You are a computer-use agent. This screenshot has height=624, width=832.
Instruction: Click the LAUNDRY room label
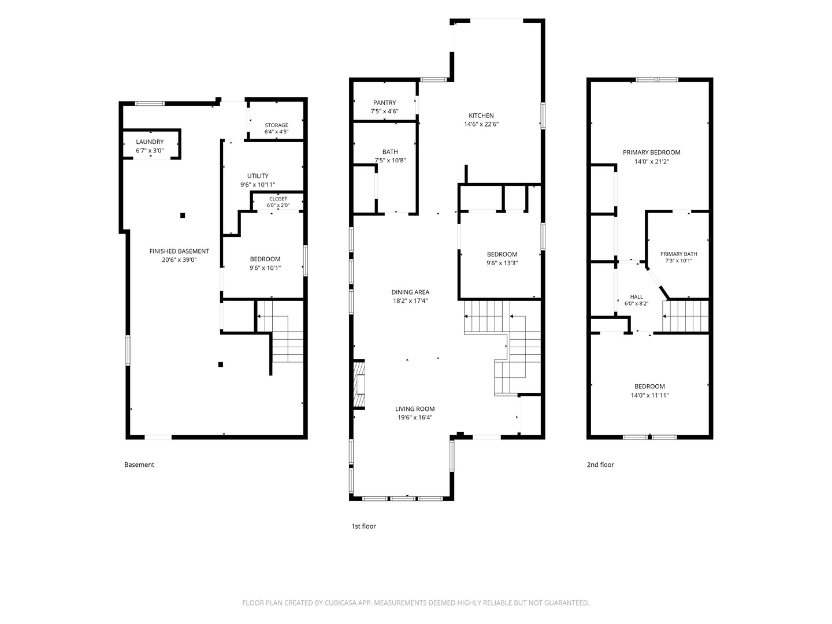tap(150, 142)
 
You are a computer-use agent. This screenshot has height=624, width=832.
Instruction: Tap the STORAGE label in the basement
tap(276, 125)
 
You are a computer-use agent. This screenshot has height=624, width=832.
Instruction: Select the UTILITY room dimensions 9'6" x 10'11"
tap(258, 184)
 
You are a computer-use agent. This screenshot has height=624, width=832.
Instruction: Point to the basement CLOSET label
tap(278, 199)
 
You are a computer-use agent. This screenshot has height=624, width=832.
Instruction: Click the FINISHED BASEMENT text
tap(179, 251)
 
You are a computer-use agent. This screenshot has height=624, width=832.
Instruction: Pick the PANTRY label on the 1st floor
tap(384, 103)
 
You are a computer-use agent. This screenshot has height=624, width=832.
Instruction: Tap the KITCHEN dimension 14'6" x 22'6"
tap(481, 124)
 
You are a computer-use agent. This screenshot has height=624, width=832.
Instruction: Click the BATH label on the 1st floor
tap(390, 151)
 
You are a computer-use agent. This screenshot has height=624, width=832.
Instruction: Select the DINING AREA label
tap(410, 292)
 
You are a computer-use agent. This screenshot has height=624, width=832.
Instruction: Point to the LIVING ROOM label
tap(415, 409)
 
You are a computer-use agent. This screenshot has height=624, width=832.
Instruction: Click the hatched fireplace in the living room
tap(359, 384)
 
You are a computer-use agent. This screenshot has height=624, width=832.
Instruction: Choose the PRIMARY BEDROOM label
tap(652, 153)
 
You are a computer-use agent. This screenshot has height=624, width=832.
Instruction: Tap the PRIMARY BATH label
tap(678, 254)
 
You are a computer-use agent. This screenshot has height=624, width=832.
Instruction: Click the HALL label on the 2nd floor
tap(636, 297)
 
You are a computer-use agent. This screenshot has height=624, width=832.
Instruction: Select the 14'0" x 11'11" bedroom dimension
tap(649, 395)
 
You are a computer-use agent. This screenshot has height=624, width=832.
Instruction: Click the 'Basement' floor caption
tap(139, 465)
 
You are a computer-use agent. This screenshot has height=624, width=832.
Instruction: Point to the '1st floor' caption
tap(363, 526)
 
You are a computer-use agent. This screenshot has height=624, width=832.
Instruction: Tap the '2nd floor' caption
tap(600, 465)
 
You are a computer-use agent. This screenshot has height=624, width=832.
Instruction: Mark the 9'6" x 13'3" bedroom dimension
tap(502, 263)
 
